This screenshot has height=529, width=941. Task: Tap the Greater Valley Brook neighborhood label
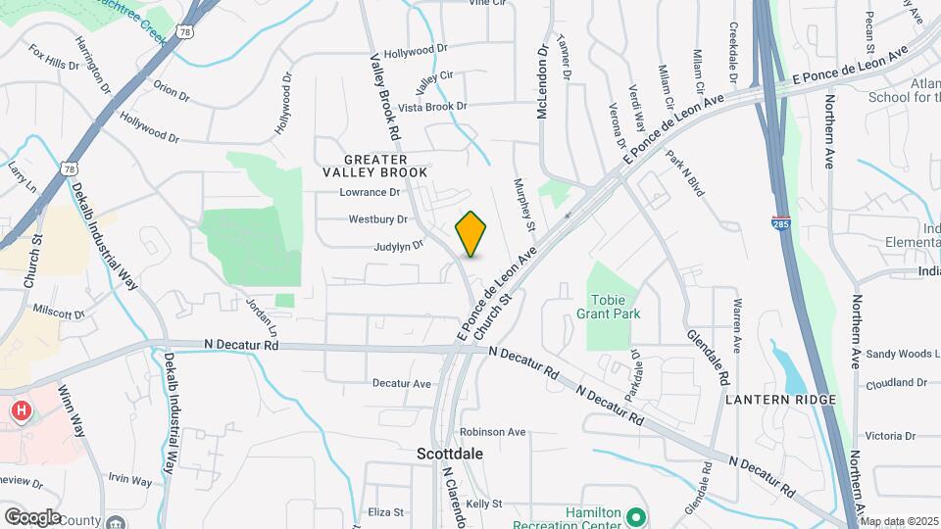tap(386, 166)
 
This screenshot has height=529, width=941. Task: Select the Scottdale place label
tap(450, 455)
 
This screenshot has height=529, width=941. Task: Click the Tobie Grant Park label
tap(615, 307)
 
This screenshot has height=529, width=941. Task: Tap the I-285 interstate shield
tap(781, 224)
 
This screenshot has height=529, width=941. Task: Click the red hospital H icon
tap(20, 409)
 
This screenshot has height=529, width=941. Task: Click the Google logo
tap(32, 516)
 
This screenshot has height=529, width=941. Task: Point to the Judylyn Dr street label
tap(398, 246)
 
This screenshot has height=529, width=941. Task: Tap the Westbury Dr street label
tap(377, 219)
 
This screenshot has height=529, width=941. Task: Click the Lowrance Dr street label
tap(370, 193)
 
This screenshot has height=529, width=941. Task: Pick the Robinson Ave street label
tap(493, 431)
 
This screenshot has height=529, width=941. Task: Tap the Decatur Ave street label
tap(402, 384)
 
